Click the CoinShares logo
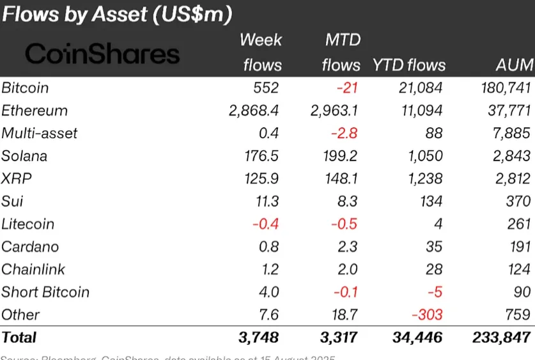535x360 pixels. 102,54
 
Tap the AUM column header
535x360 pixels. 514,65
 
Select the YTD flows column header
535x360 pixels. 409,65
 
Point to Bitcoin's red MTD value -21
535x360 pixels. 345,88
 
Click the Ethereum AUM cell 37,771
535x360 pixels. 509,111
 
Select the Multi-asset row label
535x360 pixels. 40,133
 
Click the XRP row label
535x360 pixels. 16,178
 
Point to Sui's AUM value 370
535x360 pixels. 518,201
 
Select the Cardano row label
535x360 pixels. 29,247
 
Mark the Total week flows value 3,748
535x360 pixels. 258,337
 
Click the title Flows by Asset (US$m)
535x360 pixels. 117,14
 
